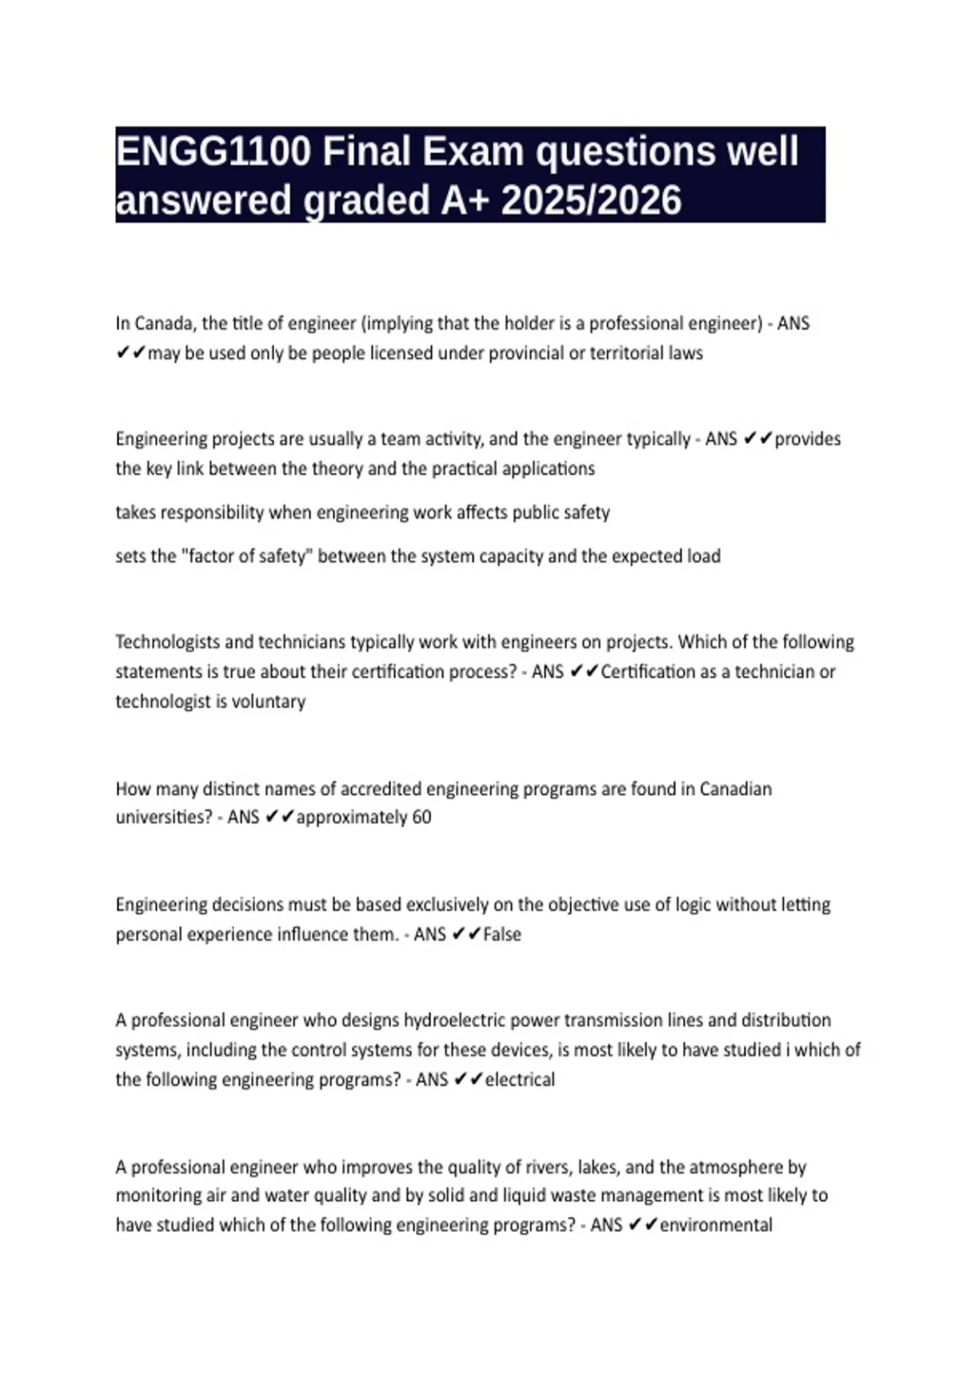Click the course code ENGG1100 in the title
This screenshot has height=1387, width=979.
[213, 152]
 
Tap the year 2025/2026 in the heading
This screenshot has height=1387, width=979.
[591, 201]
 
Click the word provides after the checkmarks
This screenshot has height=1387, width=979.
[808, 439]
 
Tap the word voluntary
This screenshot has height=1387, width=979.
[268, 702]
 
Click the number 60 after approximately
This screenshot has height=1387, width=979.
[421, 818]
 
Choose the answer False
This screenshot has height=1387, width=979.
[502, 934]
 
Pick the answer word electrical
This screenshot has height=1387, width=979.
[520, 1079]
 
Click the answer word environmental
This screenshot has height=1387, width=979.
[715, 1225]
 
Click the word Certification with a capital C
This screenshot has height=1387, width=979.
[648, 672]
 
